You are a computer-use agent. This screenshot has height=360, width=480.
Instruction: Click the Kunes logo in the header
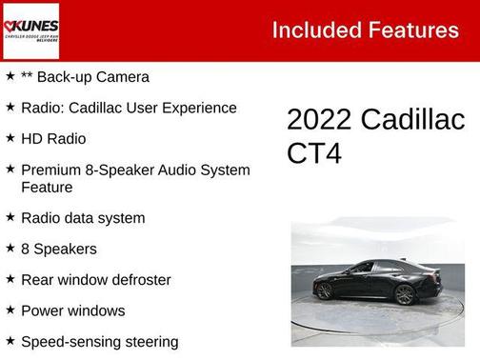[x=30, y=30]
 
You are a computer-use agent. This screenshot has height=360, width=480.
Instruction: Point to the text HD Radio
[x=53, y=138]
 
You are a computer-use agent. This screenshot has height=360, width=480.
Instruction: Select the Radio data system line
[x=83, y=218]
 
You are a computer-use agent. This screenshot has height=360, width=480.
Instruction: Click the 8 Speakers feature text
[x=59, y=249]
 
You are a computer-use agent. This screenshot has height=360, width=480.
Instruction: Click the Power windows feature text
[x=73, y=310]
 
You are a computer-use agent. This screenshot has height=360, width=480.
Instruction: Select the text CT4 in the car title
[x=313, y=153]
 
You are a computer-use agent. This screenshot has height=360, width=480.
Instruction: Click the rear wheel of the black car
[x=324, y=290]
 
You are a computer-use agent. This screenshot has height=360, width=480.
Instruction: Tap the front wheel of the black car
[x=405, y=294]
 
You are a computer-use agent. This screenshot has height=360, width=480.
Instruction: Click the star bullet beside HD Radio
[x=10, y=137]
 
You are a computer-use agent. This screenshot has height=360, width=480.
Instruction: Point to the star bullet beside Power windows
[x=10, y=310]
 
